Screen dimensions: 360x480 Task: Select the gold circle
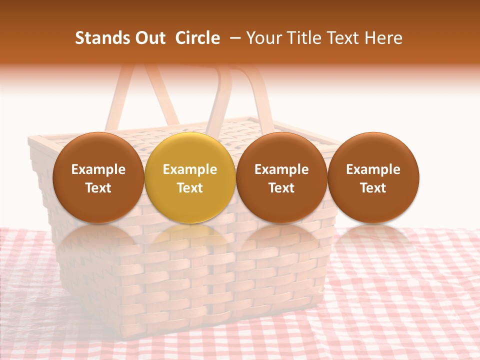[190, 177]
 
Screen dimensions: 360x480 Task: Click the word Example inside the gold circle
[190, 169]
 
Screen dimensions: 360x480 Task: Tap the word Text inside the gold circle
[190, 188]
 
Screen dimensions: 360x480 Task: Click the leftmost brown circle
[98, 177]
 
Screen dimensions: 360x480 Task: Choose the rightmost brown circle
[373, 177]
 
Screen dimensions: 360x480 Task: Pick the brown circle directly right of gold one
[281, 177]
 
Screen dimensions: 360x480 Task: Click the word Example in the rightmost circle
[373, 169]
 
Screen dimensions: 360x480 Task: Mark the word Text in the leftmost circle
[98, 188]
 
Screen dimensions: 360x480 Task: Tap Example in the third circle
[281, 169]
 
